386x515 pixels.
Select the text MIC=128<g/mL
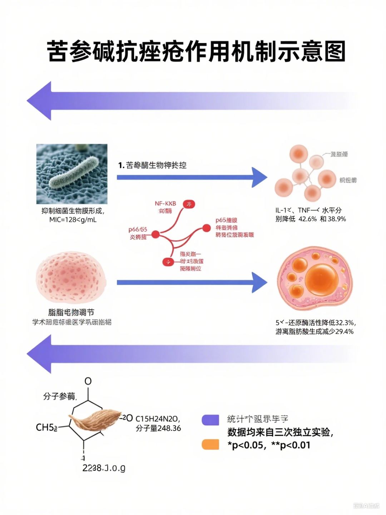pos(73,220)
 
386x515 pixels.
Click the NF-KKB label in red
pos(165,203)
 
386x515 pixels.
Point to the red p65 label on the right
pos(226,220)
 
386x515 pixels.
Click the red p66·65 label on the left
pos(138,229)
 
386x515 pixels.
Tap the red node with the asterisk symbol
pos(189,204)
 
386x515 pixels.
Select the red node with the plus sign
pos(168,262)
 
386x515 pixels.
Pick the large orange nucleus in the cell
pos(322,279)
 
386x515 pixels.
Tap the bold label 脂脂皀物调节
pos(71,312)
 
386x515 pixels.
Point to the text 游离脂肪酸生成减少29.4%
pos(315,332)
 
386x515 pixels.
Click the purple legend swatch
pos(210,420)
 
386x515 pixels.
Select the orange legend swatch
pos(210,445)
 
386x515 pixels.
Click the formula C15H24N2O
pos(158,418)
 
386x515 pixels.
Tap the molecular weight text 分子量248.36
pos(158,428)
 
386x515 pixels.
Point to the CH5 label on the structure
pos(46,427)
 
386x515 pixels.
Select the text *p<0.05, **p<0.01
pos(269,445)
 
